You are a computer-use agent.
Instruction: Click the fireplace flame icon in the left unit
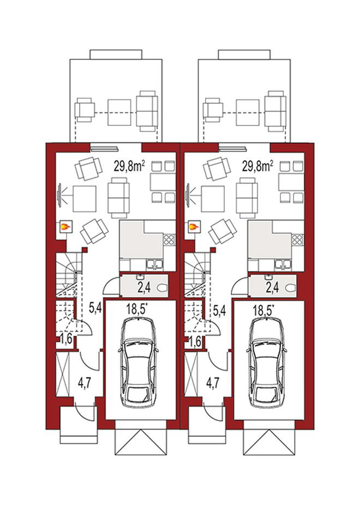[x=65, y=227]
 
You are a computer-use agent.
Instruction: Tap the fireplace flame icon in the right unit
[x=194, y=227]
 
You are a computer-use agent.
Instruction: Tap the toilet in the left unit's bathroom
[x=163, y=288]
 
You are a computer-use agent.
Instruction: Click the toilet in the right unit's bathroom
[x=291, y=288]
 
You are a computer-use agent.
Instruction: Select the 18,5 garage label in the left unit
[x=137, y=310]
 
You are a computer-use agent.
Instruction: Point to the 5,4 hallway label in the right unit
[x=220, y=310]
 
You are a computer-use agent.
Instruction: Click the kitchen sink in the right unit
[x=283, y=264]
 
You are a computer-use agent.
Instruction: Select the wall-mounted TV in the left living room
[x=59, y=195]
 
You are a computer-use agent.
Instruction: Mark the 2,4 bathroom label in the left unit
[x=144, y=287]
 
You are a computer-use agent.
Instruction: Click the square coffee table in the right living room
[x=213, y=199]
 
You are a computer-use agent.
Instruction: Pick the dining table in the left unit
[x=163, y=183]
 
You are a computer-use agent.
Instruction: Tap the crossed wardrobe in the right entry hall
[x=191, y=374]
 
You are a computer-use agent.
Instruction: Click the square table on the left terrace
[x=119, y=112]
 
